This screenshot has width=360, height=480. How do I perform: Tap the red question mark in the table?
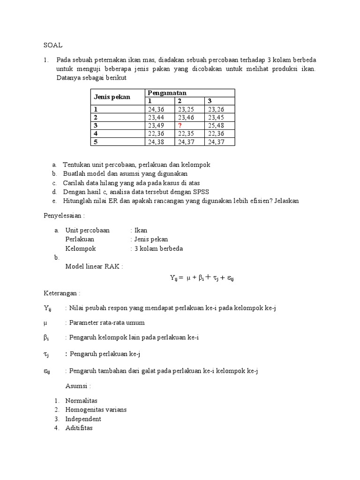click(179, 126)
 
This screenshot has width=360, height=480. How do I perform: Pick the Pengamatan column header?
click(167, 93)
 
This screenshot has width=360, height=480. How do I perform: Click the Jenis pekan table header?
click(112, 97)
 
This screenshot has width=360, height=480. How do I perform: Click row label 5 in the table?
click(96, 142)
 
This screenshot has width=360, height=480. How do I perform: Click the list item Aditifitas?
click(79, 427)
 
